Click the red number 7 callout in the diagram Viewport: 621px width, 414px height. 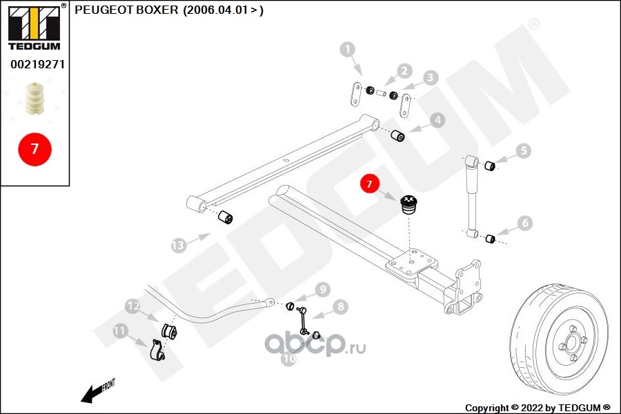click(x=368, y=184)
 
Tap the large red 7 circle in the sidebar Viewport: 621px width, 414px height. click(x=34, y=148)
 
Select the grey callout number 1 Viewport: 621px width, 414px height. click(x=347, y=49)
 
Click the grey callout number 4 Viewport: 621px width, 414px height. click(x=437, y=121)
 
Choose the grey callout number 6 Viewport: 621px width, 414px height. click(x=524, y=223)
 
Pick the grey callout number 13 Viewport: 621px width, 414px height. click(x=178, y=245)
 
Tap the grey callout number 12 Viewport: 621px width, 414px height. click(x=132, y=306)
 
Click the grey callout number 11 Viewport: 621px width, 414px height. click(x=120, y=332)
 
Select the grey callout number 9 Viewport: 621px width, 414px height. click(x=322, y=289)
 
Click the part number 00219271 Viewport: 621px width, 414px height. click(x=37, y=65)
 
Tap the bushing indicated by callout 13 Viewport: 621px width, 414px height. click(x=226, y=218)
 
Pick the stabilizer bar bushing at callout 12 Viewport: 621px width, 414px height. click(x=170, y=331)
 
